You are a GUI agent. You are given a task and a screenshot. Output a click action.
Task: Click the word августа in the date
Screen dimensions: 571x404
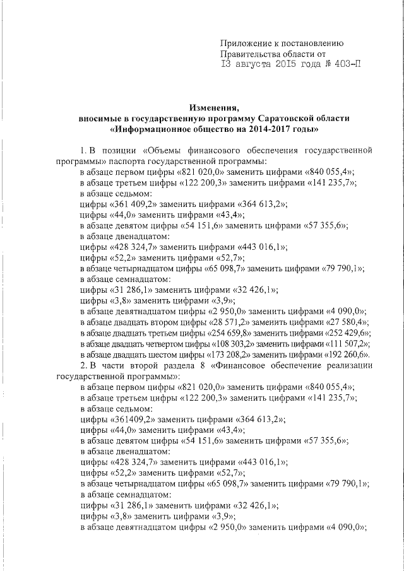point(254,64)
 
